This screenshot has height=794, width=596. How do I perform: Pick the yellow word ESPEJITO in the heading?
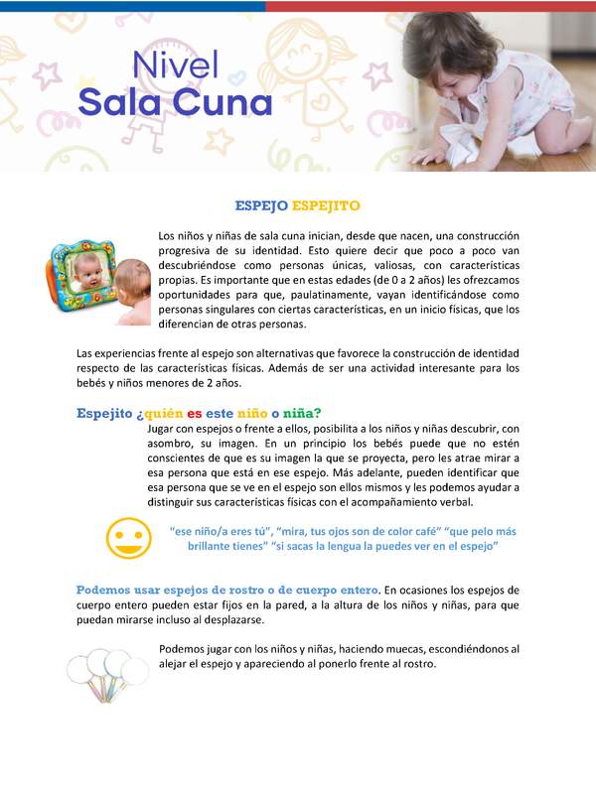point(326,205)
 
